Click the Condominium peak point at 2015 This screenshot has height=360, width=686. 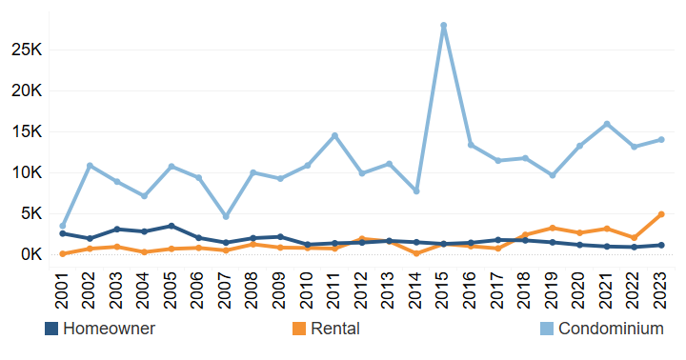coord(444,26)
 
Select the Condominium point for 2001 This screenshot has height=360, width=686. coord(63,226)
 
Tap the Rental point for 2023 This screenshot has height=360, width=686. coord(661,214)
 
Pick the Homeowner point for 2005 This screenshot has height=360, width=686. coord(171,226)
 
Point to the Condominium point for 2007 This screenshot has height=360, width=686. coord(226,216)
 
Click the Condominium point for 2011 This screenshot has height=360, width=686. coord(334,135)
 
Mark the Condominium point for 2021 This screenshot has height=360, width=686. coord(607,124)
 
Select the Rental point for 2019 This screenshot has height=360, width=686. coord(553,228)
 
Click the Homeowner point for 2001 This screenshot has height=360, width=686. coord(63,233)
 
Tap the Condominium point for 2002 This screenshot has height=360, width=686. coord(90,166)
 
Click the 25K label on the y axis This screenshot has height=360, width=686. coord(25,50)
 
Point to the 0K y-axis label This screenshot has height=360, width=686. coord(29,254)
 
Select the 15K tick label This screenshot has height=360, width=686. coord(25,131)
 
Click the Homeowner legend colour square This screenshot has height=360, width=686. coord(51,329)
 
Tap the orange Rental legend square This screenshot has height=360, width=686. coord(300,329)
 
